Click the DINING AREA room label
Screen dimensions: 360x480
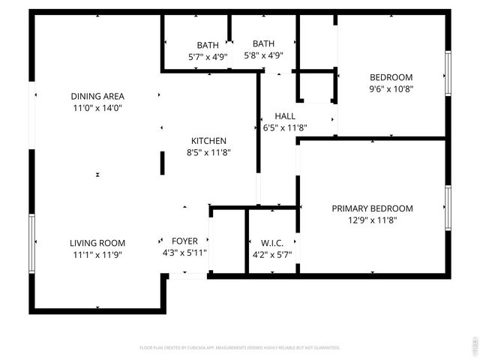point(97,96)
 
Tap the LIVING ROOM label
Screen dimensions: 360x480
point(97,243)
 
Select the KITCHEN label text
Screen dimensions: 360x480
point(208,140)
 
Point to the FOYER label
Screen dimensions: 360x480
point(184,241)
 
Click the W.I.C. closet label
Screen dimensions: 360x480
point(271,243)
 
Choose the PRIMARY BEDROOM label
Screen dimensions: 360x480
point(372,208)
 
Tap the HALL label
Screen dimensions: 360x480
point(285,116)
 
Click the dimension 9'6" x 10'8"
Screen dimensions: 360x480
point(391,88)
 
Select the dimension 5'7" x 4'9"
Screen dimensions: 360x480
point(208,56)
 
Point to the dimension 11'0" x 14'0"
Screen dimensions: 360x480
point(97,108)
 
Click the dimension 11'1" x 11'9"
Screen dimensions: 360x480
point(97,254)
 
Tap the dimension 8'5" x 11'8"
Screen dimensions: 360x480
point(208,152)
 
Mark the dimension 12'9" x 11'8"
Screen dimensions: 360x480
point(372,220)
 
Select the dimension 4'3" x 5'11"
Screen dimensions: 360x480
point(184,253)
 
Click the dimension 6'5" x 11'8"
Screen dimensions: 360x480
point(285,128)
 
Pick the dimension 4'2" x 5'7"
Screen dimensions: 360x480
point(271,254)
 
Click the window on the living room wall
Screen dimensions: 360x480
point(32,246)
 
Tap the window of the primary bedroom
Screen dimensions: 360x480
point(448,208)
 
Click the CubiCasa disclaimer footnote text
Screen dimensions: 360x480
point(240,348)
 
